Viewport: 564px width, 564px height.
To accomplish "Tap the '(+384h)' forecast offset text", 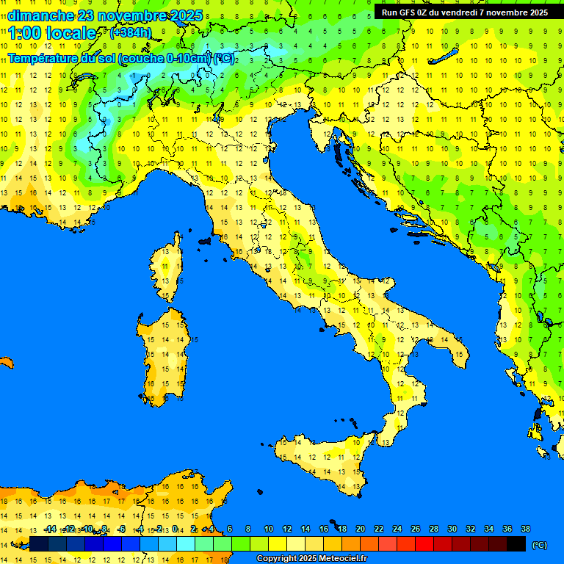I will (131, 33).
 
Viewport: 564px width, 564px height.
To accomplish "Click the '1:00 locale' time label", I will (52, 33).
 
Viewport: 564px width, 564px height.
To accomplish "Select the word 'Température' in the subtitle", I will (46, 58).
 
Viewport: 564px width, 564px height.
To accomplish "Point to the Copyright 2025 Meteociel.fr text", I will (311, 559).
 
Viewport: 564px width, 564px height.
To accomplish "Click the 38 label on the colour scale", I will (526, 529).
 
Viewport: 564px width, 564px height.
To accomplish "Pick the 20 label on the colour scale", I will (361, 529).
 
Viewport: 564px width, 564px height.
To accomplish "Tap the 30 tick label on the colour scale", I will (452, 529).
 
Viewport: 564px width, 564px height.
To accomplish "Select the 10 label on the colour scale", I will (269, 529).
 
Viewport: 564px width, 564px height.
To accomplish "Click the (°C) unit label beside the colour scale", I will (540, 545).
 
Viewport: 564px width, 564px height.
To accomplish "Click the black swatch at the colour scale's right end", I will (516, 543).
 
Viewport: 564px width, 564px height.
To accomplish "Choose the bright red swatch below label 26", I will (424, 543).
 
